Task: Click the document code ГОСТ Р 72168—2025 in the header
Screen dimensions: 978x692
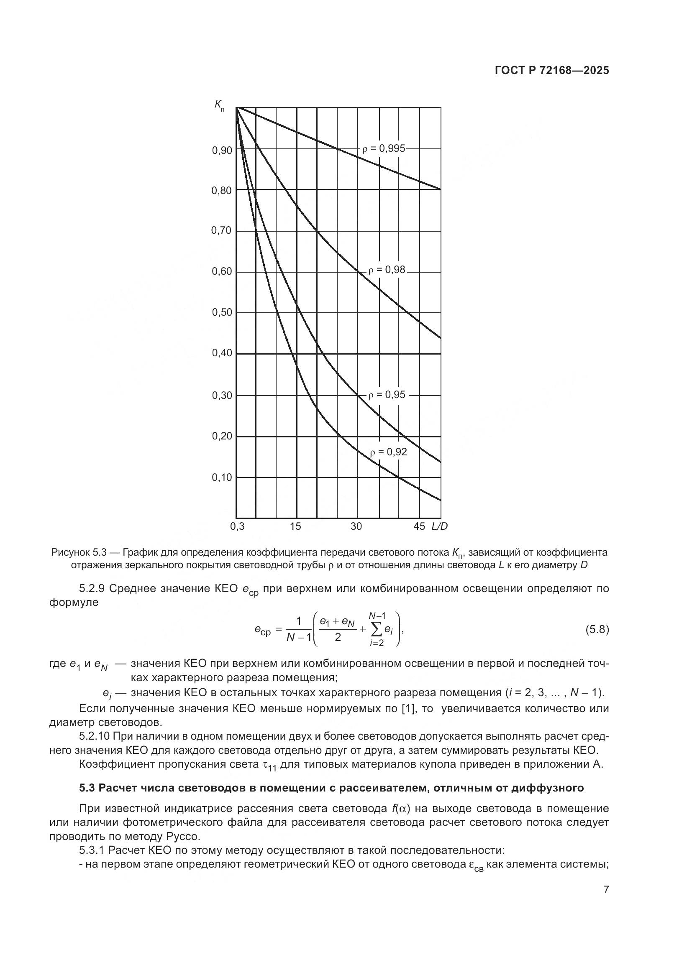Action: (x=552, y=71)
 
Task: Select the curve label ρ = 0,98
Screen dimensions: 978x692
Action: (x=387, y=270)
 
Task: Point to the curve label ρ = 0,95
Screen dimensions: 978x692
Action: (x=387, y=395)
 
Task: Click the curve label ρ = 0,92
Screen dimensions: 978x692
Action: (x=388, y=452)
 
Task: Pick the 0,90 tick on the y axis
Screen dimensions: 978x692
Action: (x=222, y=151)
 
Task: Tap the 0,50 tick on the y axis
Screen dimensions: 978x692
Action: (x=222, y=313)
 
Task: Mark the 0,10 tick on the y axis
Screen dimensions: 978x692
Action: (x=222, y=478)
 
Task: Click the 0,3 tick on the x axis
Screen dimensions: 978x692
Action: (x=237, y=526)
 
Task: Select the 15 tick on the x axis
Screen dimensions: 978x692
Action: (x=295, y=526)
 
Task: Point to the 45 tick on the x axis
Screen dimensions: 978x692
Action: (x=419, y=526)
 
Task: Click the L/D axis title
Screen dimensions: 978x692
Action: (x=439, y=526)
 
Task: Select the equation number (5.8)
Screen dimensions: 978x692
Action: (x=597, y=630)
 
